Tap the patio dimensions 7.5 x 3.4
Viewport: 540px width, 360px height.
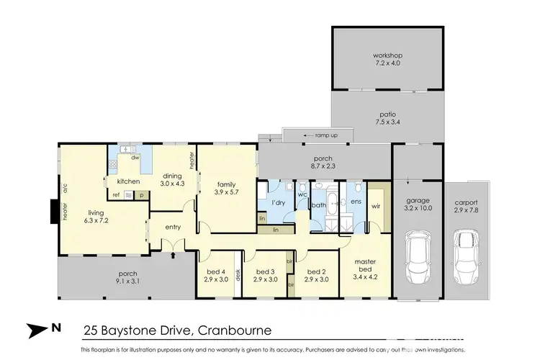[x=387, y=122]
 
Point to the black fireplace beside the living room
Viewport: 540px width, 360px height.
[x=52, y=211]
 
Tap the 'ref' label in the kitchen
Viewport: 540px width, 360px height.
[x=116, y=194]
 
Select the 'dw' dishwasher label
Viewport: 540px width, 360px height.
[x=135, y=157]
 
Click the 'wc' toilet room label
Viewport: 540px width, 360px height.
[x=302, y=194]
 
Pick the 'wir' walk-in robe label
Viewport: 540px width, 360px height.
[x=374, y=206]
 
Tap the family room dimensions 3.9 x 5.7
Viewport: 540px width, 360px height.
[x=226, y=192]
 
